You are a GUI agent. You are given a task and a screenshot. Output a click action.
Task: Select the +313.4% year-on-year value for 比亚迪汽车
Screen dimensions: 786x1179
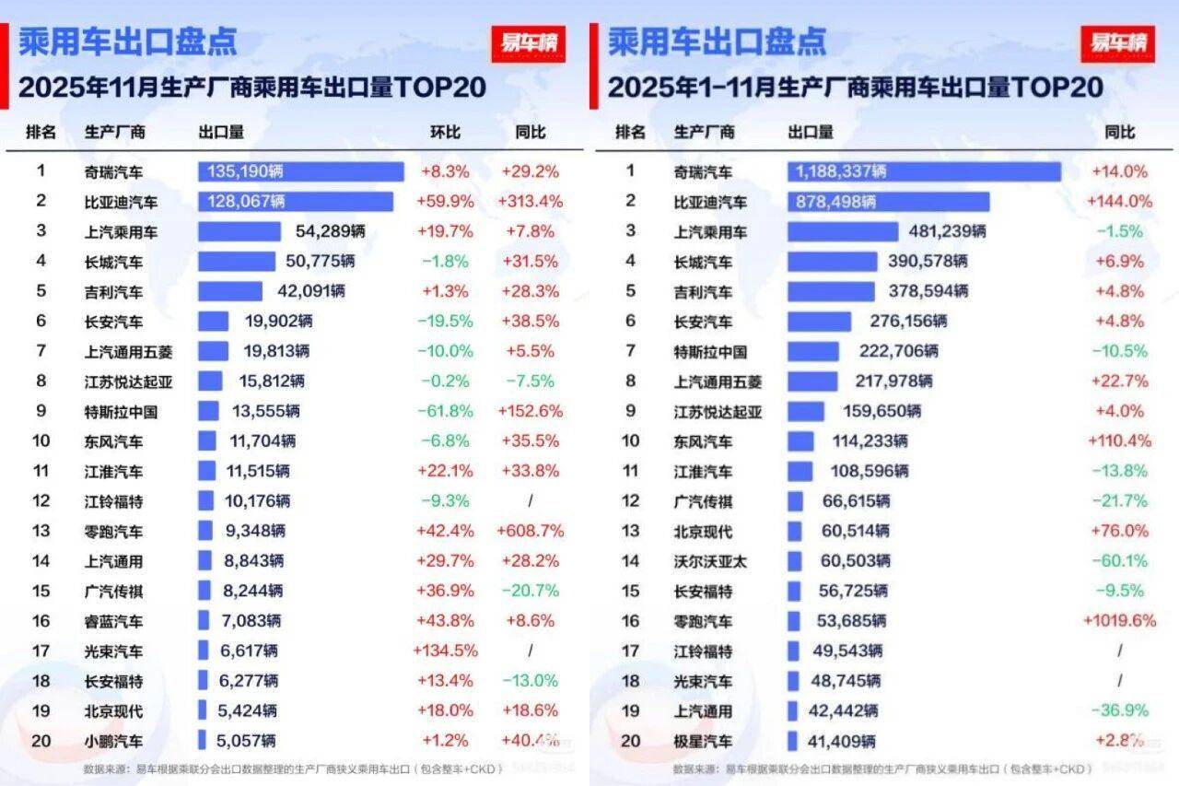[x=530, y=202]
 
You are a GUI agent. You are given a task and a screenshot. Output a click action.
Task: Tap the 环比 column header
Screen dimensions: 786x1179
[x=445, y=132]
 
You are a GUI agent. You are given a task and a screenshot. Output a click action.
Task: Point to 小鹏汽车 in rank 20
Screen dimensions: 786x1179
[x=113, y=740]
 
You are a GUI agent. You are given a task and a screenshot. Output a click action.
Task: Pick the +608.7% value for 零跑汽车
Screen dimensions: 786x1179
[x=530, y=531]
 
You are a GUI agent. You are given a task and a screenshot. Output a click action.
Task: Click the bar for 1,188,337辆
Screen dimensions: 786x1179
[x=923, y=171]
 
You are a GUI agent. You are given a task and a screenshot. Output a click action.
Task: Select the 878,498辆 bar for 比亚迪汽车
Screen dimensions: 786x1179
[x=888, y=202]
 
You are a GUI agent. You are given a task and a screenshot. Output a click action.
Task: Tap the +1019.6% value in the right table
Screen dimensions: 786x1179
[x=1119, y=620]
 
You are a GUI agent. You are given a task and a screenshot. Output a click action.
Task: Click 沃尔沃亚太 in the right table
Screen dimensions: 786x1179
[x=709, y=560]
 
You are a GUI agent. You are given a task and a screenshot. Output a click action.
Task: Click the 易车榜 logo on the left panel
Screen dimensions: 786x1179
[x=528, y=42]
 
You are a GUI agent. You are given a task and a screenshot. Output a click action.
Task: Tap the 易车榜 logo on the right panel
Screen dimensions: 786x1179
[x=1117, y=42]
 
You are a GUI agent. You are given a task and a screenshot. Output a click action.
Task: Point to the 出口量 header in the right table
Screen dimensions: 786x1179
[x=811, y=132]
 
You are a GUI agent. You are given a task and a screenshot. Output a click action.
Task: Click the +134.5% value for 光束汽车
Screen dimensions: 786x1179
[x=445, y=651]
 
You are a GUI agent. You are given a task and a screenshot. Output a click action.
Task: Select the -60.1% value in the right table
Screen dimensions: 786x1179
[x=1119, y=560]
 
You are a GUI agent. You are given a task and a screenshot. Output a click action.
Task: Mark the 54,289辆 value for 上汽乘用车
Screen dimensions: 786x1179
[x=330, y=231]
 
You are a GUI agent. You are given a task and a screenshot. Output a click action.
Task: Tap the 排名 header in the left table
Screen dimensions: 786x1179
[x=41, y=132]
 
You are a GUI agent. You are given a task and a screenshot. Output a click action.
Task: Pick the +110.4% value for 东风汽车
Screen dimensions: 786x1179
[x=1119, y=440]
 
